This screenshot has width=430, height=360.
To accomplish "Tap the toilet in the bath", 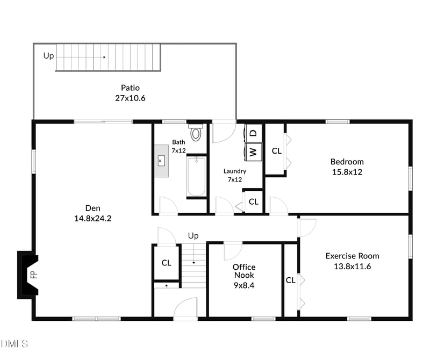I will (196, 132).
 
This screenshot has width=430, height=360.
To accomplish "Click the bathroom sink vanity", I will (162, 160).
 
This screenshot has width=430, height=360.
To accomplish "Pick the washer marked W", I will (253, 152).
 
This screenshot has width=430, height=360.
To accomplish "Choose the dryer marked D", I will (254, 132).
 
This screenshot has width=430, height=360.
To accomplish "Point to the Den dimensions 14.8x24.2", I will (93, 218).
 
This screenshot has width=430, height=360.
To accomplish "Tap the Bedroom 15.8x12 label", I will (347, 167).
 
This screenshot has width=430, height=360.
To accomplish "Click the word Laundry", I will (235, 171).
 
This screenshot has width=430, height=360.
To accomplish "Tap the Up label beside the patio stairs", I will (48, 55).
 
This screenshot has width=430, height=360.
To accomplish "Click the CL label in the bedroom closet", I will (276, 151).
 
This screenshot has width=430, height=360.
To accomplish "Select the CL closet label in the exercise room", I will (291, 280).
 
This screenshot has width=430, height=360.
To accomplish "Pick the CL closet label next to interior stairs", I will (167, 263).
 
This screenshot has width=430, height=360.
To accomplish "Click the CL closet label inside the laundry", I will (254, 202).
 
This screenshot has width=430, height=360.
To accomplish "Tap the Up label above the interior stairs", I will (193, 236).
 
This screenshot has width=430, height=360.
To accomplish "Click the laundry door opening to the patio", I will (224, 132).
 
